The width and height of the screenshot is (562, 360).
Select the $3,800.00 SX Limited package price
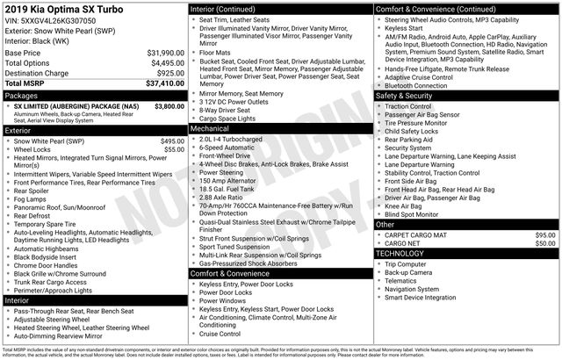click(164, 105)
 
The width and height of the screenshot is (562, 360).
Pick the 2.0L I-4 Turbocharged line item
click(237, 139)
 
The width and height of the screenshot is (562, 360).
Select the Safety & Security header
click(407, 96)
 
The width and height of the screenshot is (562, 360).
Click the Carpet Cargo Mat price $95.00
click(545, 235)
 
